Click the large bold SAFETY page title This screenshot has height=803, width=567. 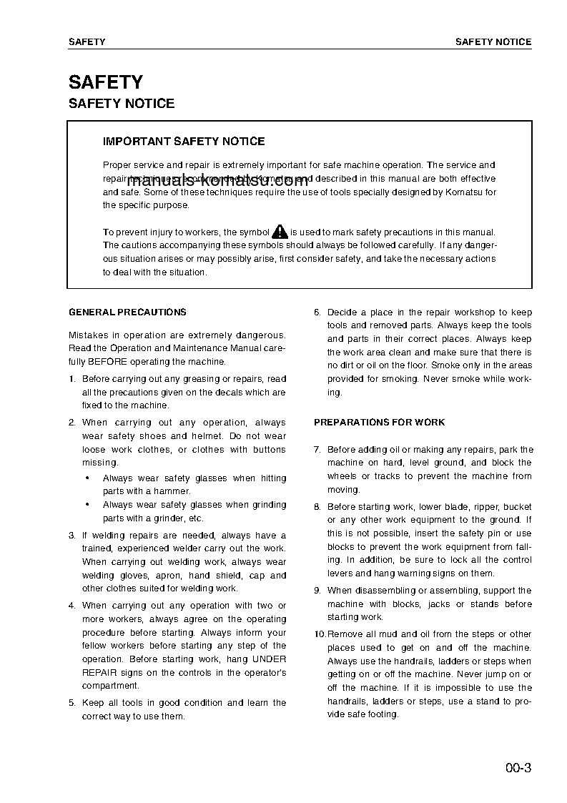[x=105, y=82]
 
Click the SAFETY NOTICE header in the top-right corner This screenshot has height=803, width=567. [x=493, y=42]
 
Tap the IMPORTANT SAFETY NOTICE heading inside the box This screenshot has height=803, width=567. [x=184, y=142]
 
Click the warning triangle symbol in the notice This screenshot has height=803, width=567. [x=280, y=232]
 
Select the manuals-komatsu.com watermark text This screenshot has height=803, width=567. [x=207, y=181]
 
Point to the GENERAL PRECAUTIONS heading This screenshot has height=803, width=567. [x=127, y=312]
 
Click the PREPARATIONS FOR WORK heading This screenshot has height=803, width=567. [x=379, y=423]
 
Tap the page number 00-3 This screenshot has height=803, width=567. [x=518, y=769]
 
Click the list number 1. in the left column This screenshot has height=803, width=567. [x=72, y=379]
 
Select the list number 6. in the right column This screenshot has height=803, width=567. [x=317, y=312]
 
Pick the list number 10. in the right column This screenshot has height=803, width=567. [x=319, y=634]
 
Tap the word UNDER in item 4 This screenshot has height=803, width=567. [x=270, y=659]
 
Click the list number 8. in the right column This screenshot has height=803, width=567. [x=317, y=507]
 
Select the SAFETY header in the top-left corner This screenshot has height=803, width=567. [x=87, y=42]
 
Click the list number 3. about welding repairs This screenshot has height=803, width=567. [x=72, y=536]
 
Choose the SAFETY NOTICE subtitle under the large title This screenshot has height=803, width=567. [x=121, y=104]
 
